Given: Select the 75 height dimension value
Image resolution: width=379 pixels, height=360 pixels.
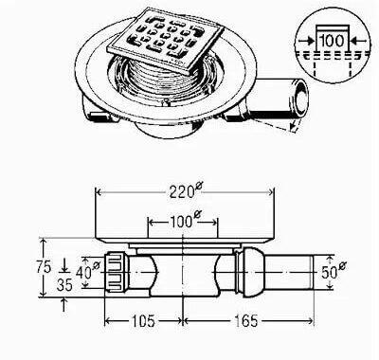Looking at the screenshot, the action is (x=44, y=267).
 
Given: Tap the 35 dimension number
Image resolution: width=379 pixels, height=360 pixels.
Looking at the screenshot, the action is (x=64, y=284).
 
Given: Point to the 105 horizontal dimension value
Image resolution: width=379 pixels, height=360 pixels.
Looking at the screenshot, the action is (x=143, y=321).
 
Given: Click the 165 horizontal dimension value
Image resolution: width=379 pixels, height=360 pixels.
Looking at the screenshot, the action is (x=246, y=321).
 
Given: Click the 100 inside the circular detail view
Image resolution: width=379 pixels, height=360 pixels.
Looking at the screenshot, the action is (x=332, y=41).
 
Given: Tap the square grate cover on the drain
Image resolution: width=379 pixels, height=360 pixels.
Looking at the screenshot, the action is (x=166, y=41).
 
